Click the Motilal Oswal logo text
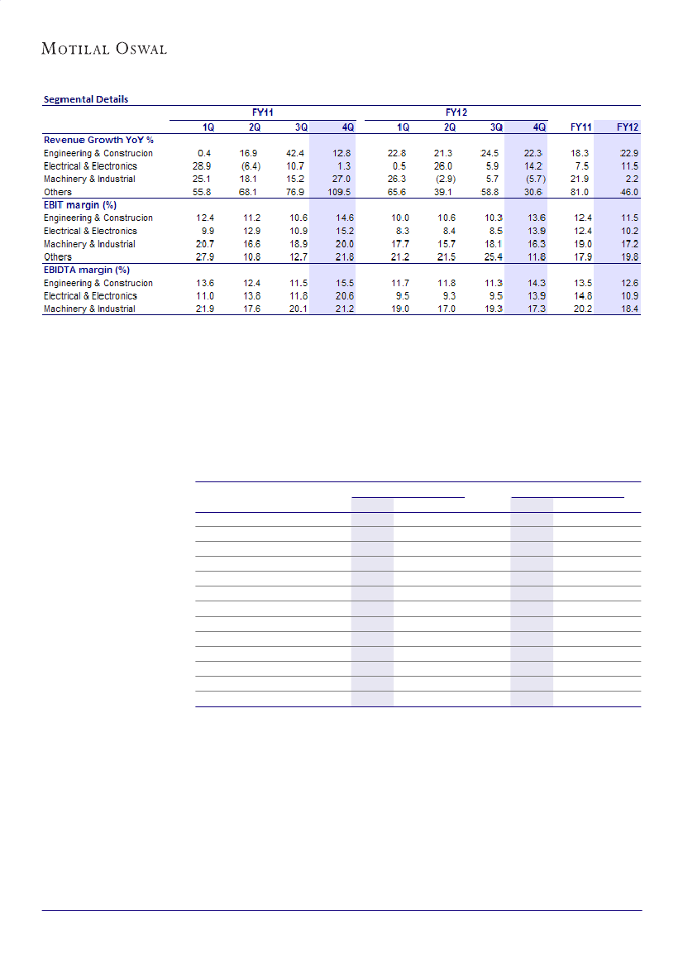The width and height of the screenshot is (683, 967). coord(104,49)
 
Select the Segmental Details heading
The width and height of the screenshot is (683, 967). coord(86,99)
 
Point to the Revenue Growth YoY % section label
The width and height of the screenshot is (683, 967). coord(98,140)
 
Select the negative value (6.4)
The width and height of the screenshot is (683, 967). coord(250,166)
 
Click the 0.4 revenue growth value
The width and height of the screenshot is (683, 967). coord(204,153)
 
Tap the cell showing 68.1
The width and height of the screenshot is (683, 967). coord(251,192)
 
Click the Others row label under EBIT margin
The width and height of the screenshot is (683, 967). coord(58,256)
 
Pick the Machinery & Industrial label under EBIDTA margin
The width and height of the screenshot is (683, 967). coord(89,309)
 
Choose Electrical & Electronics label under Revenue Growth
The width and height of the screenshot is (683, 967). coord(90,166)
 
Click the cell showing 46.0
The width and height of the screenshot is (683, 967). coord(630,192)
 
